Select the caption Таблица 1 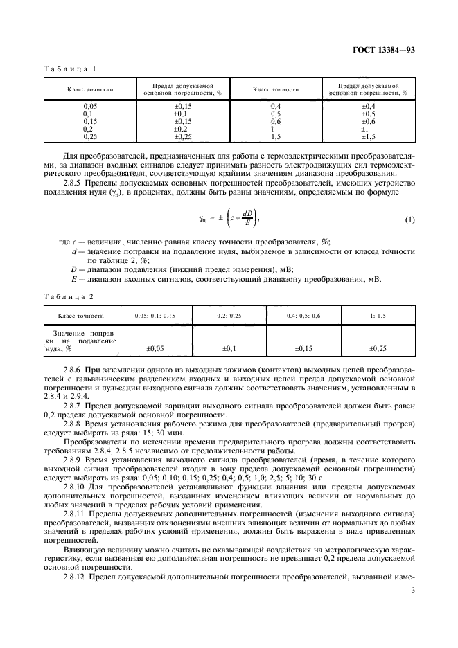click(71, 70)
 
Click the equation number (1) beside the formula click(409, 219)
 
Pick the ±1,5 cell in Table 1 click(368, 136)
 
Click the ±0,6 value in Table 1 click(368, 121)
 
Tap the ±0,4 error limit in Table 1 click(368, 105)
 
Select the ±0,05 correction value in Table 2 click(155, 349)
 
